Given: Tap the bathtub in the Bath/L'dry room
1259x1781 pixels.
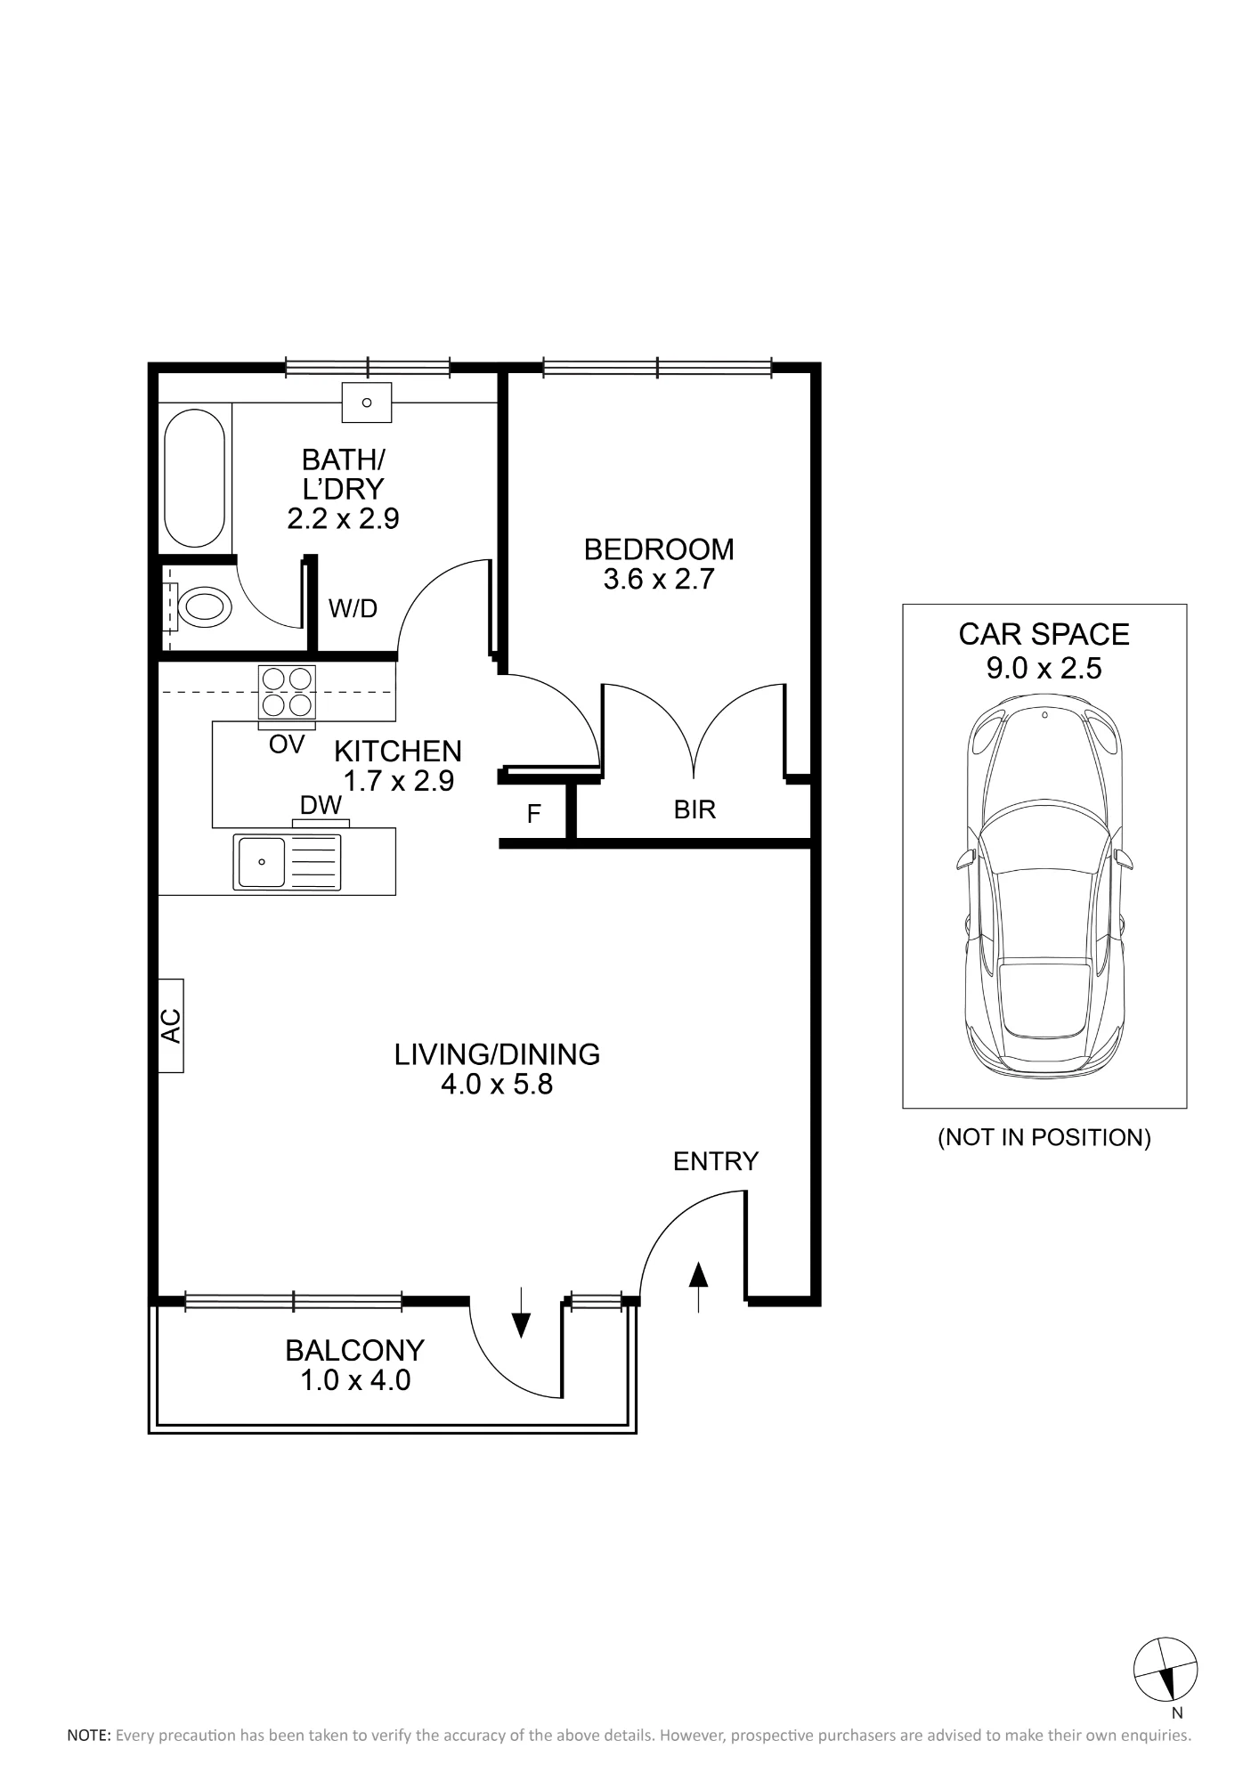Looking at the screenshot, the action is tap(194, 477).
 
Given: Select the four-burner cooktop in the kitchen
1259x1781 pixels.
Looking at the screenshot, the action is tap(287, 692).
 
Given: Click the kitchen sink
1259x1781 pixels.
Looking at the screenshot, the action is tap(287, 861).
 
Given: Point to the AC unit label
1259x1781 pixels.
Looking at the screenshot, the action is tap(171, 1025).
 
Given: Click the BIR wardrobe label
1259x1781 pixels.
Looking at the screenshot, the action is tap(694, 809).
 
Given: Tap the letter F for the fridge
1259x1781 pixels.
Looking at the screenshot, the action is tap(534, 814).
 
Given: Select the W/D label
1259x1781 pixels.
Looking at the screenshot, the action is tap(353, 608).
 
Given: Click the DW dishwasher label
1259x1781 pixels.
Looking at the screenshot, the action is tap(321, 805).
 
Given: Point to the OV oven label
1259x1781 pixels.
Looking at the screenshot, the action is tap(287, 744).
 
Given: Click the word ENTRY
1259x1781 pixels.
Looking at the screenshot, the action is tap(716, 1161).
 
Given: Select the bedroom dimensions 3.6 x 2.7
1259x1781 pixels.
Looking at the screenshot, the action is tap(659, 580).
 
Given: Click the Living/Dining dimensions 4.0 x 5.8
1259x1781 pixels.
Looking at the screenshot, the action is tap(497, 1085).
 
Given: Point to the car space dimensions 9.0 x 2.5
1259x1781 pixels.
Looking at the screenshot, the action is tap(1044, 668).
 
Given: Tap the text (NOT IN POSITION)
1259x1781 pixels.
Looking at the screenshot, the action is tap(1044, 1137).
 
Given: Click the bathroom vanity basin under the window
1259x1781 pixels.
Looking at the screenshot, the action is tap(366, 403).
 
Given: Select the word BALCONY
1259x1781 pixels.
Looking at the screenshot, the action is tap(354, 1351).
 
